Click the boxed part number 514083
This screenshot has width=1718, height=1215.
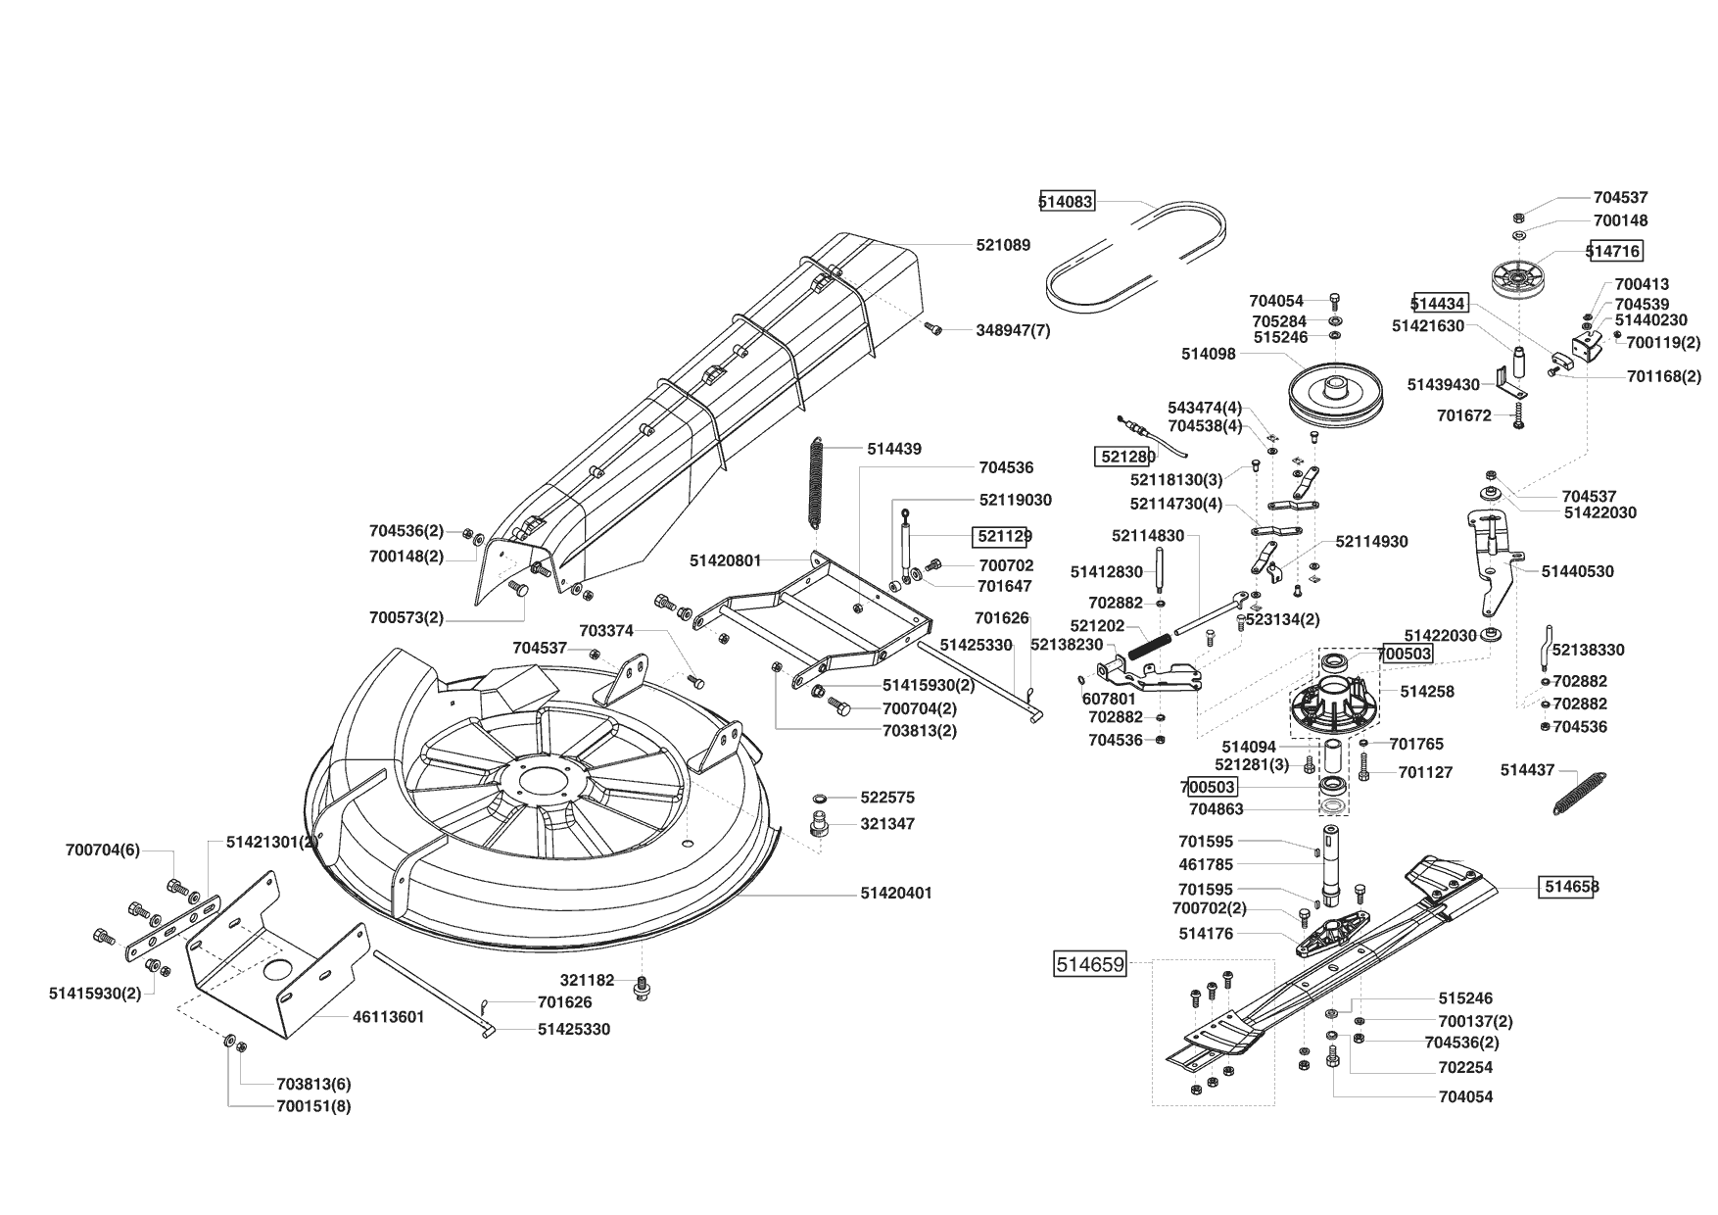[x=1067, y=202]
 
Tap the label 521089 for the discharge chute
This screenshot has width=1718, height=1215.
[x=1003, y=245]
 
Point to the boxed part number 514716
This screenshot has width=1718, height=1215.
[x=1614, y=251]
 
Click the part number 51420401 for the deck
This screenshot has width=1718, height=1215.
[x=896, y=894]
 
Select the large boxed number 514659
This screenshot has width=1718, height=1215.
[x=1089, y=964]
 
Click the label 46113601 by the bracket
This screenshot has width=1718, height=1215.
[x=388, y=1017]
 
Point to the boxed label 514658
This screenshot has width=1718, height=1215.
[x=1571, y=887]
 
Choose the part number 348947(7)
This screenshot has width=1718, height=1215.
[x=1013, y=330]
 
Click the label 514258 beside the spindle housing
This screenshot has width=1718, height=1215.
[x=1427, y=692]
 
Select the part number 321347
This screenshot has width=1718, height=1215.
[x=887, y=824]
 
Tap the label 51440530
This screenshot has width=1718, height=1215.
[x=1577, y=571]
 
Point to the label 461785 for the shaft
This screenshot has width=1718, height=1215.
[x=1206, y=865]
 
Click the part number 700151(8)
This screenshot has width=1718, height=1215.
[x=313, y=1106]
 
